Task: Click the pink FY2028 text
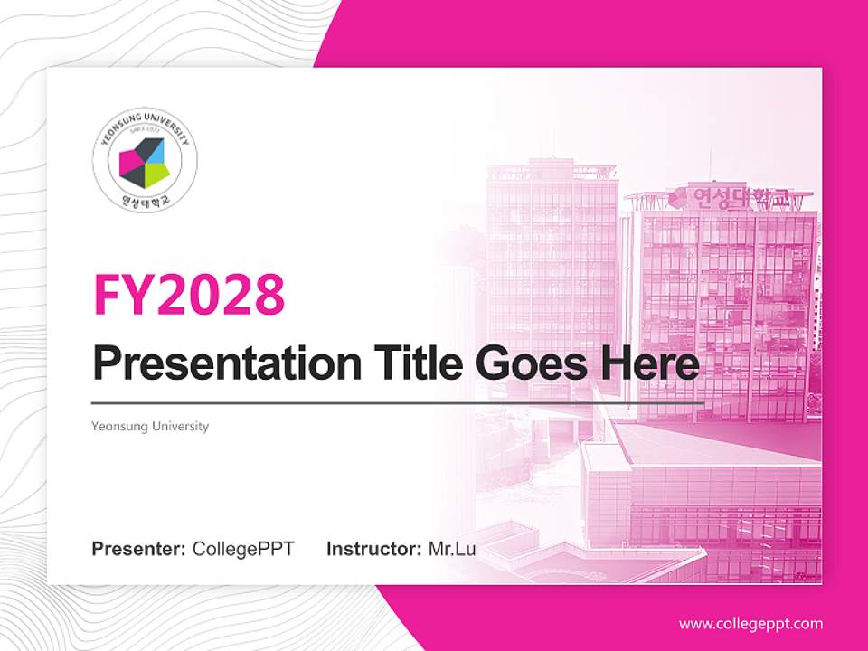(x=189, y=293)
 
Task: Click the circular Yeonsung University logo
(x=145, y=163)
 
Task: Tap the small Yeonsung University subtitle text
(x=150, y=426)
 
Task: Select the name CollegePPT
(x=243, y=549)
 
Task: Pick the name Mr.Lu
(x=452, y=549)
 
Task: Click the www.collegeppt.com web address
(x=750, y=624)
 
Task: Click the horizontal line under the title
(x=398, y=402)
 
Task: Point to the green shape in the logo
(x=155, y=171)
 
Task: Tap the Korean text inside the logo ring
(x=145, y=201)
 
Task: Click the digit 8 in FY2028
(x=268, y=293)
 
